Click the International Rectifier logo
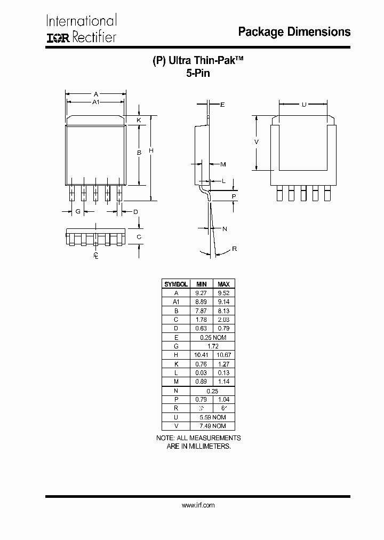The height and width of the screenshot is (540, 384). [x=81, y=29]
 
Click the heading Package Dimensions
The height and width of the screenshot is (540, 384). [x=294, y=32]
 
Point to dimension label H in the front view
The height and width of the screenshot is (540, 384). [x=151, y=151]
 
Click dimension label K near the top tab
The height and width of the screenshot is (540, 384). [x=139, y=120]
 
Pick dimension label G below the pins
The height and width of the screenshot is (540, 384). [x=78, y=212]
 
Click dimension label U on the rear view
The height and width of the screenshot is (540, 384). [x=303, y=105]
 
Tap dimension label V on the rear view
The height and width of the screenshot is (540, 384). [x=257, y=142]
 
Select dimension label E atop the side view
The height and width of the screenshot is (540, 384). [x=222, y=105]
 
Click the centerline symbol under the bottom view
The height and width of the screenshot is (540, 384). [x=96, y=256]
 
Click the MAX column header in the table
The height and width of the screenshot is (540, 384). [x=223, y=284]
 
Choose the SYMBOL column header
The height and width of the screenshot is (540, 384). [x=175, y=284]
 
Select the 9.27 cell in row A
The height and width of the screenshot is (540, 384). [x=201, y=293]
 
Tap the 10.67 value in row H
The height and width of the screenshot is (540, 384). [x=223, y=355]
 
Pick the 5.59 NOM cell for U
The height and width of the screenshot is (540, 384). [x=212, y=417]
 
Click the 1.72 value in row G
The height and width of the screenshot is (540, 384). [x=212, y=346]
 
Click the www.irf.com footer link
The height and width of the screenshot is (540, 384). [x=198, y=505]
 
